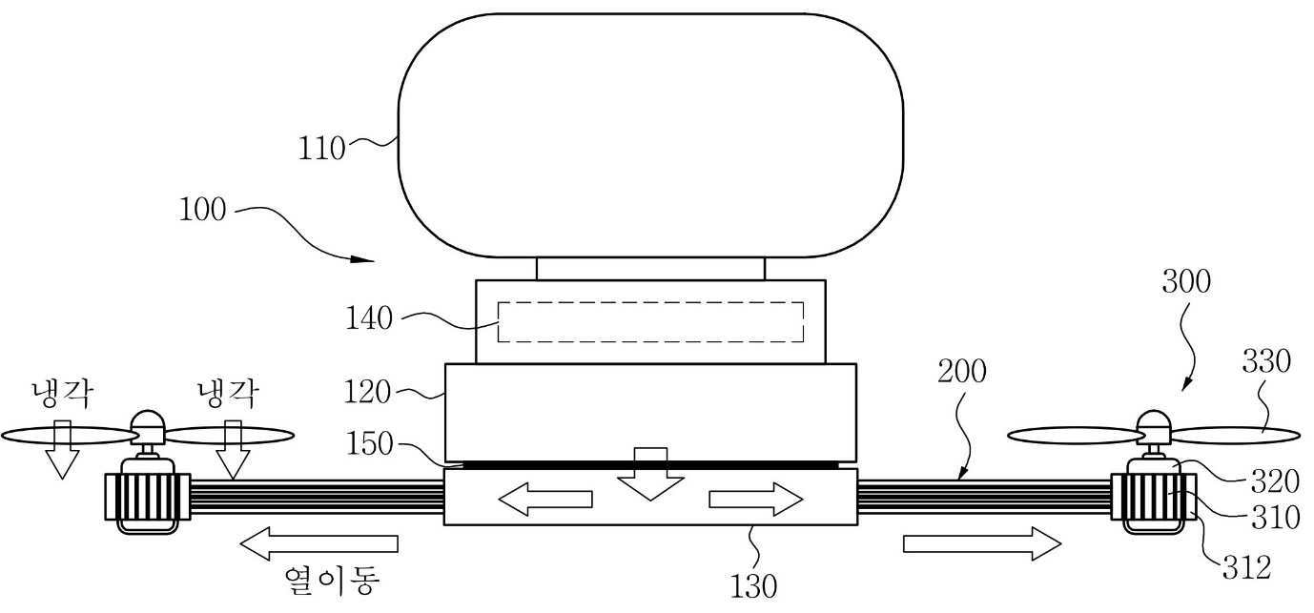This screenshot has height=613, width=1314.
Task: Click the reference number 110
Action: click(321, 149)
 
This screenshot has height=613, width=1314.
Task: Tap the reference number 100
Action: click(202, 210)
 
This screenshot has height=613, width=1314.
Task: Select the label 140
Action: click(368, 318)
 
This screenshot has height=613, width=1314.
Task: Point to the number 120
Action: click(366, 392)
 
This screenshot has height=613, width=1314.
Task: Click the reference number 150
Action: click(370, 444)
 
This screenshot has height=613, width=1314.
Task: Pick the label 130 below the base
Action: click(753, 586)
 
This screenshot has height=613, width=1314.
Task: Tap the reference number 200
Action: click(961, 371)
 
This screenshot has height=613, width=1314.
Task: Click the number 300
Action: click(1186, 281)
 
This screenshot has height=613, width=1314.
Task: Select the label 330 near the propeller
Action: click(1266, 361)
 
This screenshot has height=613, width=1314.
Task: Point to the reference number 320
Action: click(1275, 481)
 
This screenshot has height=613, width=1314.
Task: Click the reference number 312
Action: click(1246, 567)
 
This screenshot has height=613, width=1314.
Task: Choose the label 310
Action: click(1275, 518)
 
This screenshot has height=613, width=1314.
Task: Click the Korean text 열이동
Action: click(332, 581)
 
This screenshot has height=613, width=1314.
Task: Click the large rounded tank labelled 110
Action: click(650, 135)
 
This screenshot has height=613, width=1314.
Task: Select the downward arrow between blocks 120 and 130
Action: click(650, 474)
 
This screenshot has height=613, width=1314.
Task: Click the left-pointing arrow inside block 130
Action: click(545, 500)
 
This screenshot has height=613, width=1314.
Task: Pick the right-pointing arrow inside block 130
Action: click(756, 500)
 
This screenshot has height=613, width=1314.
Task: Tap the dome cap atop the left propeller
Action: click(147, 421)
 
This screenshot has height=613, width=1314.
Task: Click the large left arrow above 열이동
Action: click(319, 543)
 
